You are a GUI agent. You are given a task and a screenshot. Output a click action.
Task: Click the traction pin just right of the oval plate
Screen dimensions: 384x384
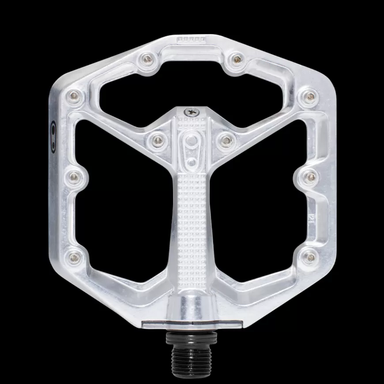pos(226,140)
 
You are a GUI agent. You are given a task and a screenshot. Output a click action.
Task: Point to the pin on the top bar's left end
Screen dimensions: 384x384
pos(146,58)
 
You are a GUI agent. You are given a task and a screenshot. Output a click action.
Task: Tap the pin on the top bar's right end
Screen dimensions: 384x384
pos(237,58)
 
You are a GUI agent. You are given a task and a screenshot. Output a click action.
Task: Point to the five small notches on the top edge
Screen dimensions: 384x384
pos(192,39)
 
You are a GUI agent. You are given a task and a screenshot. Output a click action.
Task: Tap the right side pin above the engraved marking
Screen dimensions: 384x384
pos(311,176)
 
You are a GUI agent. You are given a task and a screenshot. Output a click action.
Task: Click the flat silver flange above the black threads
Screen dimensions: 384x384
pos(192,324)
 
